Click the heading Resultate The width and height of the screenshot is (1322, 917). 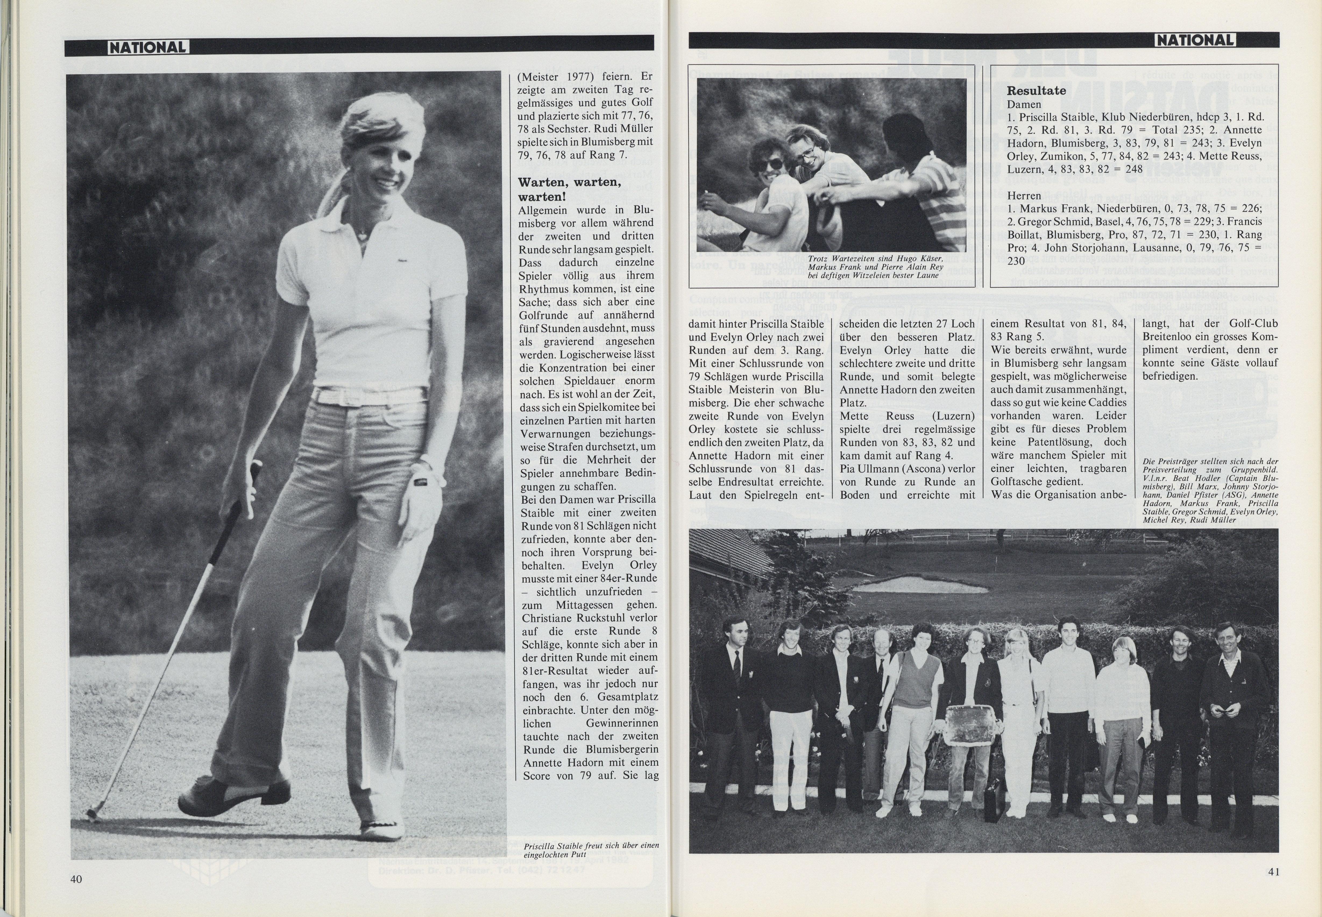(1036, 91)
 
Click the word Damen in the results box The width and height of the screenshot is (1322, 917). (1024, 105)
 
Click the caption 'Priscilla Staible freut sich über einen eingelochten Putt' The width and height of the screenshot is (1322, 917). (591, 849)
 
